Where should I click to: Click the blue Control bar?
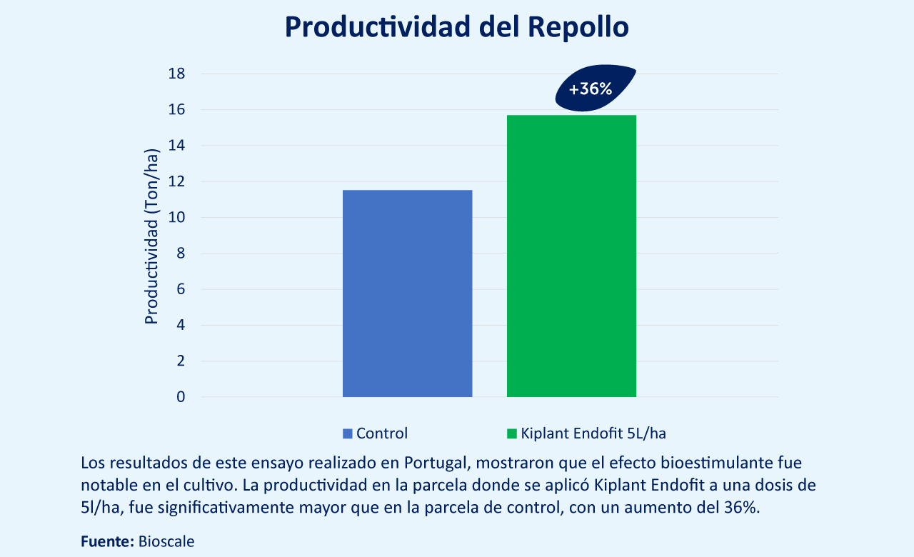click(407, 293)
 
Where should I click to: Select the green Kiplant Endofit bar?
click(571, 256)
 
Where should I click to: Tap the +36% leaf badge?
click(595, 88)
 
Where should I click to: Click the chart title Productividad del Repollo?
click(456, 27)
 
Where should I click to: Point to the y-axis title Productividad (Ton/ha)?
click(151, 236)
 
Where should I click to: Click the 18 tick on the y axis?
click(176, 74)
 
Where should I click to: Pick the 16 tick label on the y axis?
click(176, 110)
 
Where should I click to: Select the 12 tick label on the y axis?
click(176, 181)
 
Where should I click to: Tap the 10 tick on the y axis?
click(176, 218)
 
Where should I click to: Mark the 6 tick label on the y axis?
click(181, 289)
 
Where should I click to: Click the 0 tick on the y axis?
click(181, 396)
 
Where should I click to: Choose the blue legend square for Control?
click(347, 433)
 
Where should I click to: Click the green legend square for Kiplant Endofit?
click(512, 433)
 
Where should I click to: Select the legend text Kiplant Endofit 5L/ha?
click(593, 433)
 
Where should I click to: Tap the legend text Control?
click(382, 433)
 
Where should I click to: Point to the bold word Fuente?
click(107, 541)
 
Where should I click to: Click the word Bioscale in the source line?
click(166, 541)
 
